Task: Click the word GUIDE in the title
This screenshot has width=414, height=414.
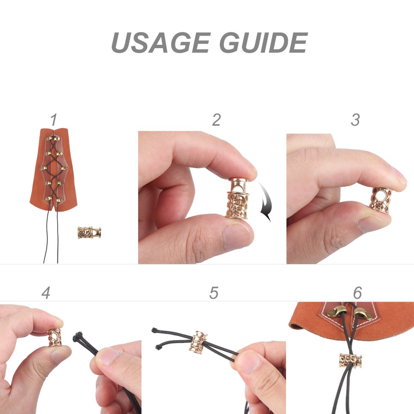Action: pyautogui.click(x=264, y=43)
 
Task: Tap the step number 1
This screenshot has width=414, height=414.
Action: pyautogui.click(x=54, y=120)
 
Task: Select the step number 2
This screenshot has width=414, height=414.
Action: pyautogui.click(x=216, y=120)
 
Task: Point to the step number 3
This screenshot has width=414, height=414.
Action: pyautogui.click(x=355, y=120)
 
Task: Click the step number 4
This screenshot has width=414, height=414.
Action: pyautogui.click(x=46, y=292)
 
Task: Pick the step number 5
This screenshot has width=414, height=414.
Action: pyautogui.click(x=214, y=292)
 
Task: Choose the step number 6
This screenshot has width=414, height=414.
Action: pyautogui.click(x=358, y=292)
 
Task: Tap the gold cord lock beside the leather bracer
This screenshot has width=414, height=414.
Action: pyautogui.click(x=89, y=232)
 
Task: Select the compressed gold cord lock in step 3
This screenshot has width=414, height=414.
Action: pyautogui.click(x=381, y=200)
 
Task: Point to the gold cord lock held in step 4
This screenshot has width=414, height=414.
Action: pyautogui.click(x=55, y=337)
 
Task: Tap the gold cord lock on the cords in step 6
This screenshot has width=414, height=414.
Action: pyautogui.click(x=350, y=361)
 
